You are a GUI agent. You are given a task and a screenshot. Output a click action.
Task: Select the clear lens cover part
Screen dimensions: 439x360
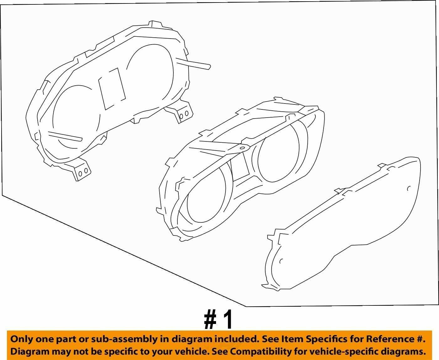[341, 223]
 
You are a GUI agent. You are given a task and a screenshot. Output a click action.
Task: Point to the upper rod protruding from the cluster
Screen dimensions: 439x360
[193, 64]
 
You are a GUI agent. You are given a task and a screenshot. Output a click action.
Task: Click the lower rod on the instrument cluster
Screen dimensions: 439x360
[65, 136]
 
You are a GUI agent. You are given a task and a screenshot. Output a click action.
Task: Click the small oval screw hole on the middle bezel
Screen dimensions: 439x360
[242, 148]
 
